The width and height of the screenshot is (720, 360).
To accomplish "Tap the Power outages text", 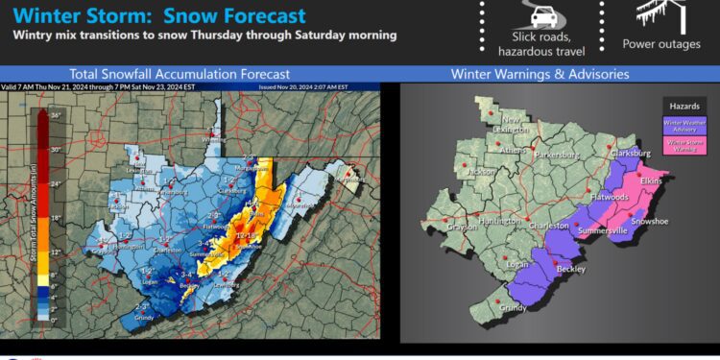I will tap(661, 44).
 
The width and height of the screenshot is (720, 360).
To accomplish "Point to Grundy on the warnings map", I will tap(514, 309).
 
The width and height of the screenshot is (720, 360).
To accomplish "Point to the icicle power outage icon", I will tap(660, 14).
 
